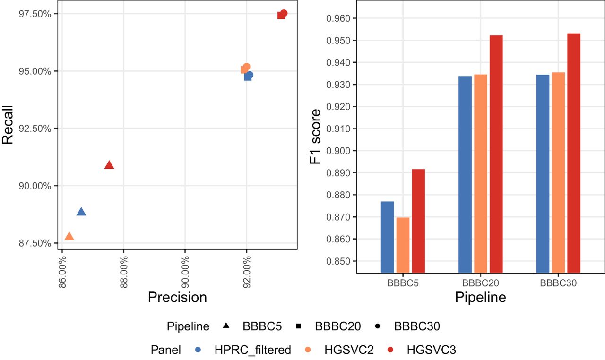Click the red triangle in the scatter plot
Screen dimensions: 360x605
click(x=109, y=165)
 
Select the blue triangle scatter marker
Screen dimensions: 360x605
click(x=81, y=212)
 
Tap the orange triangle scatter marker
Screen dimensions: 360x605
click(x=69, y=236)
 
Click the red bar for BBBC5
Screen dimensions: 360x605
click(x=418, y=221)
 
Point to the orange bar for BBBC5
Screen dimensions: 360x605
click(x=403, y=245)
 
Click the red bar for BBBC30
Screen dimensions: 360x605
click(x=574, y=153)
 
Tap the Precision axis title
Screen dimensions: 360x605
click(x=177, y=297)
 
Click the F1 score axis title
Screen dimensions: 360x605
click(x=315, y=137)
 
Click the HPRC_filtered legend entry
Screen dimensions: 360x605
click(x=252, y=350)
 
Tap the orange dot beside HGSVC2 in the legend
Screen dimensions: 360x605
click(x=308, y=350)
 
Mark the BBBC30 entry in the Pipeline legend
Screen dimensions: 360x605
click(x=416, y=326)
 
